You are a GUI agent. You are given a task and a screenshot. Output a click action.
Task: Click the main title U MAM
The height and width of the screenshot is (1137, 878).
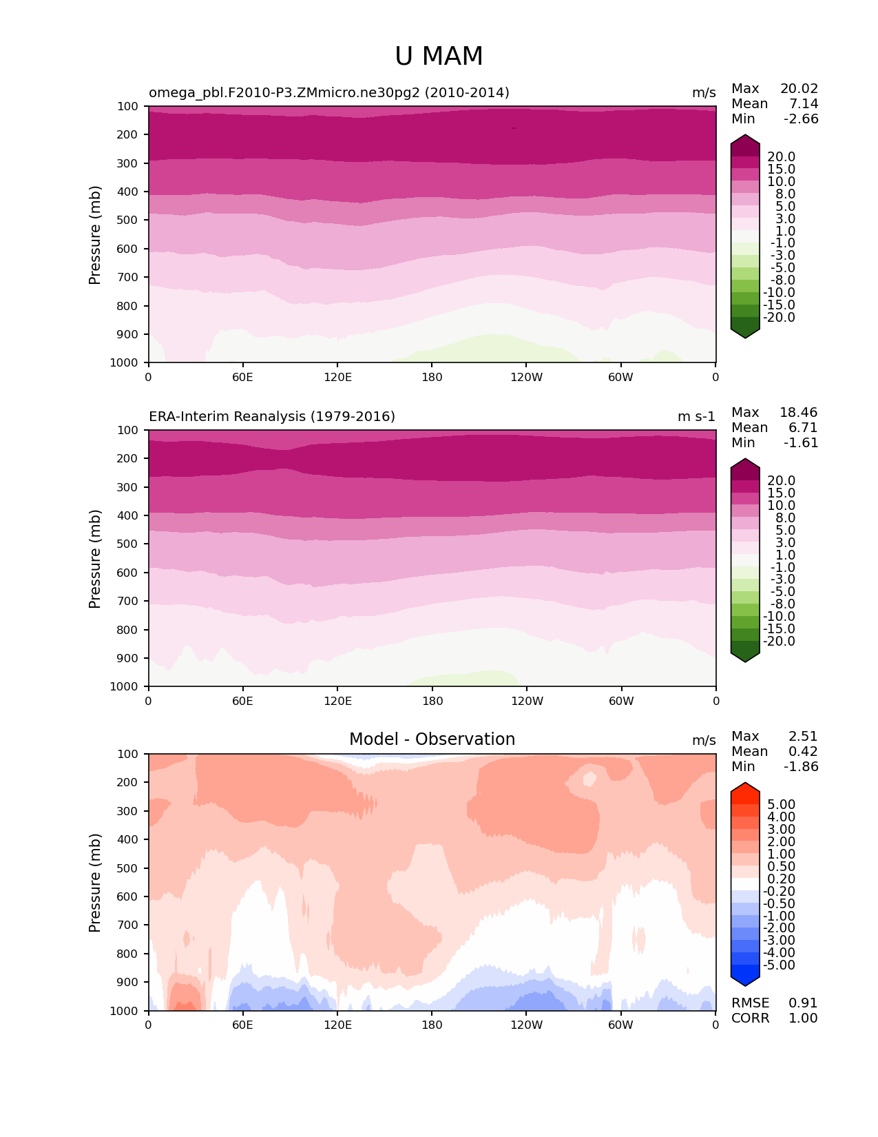click(x=439, y=57)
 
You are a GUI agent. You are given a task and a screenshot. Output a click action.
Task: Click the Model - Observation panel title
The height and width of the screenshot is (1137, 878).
click(x=432, y=739)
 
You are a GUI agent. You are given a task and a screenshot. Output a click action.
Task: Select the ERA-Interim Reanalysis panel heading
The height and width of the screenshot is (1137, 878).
click(x=272, y=417)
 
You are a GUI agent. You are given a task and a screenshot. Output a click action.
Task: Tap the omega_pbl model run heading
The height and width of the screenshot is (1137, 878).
click(x=329, y=93)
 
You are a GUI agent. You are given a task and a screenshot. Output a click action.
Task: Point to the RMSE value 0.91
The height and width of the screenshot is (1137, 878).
click(x=803, y=1003)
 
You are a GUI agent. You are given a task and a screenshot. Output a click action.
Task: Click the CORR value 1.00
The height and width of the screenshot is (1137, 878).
click(x=803, y=1018)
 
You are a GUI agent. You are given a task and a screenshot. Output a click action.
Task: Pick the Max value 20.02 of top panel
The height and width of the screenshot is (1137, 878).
click(x=799, y=89)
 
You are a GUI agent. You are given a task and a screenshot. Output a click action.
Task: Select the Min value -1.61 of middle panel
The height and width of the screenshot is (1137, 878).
click(x=801, y=443)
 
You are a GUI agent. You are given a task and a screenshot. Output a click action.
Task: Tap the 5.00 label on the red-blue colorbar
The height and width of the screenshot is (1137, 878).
click(x=781, y=805)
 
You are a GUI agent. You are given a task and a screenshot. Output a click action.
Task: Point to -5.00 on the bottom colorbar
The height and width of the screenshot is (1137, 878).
click(x=779, y=965)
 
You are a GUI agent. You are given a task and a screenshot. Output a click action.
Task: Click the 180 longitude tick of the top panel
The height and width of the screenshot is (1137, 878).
click(x=432, y=377)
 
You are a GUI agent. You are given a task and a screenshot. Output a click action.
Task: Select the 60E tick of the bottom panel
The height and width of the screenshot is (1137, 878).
click(x=242, y=1025)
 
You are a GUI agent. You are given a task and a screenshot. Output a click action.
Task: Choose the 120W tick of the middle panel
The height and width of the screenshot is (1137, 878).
click(x=527, y=701)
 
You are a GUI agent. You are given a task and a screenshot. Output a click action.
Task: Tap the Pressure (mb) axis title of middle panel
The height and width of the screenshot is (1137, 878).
click(x=95, y=559)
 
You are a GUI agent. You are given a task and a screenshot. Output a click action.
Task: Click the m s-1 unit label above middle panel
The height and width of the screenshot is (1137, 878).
click(x=696, y=417)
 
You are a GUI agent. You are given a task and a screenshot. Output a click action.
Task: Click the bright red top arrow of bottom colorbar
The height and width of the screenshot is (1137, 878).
click(x=745, y=788)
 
